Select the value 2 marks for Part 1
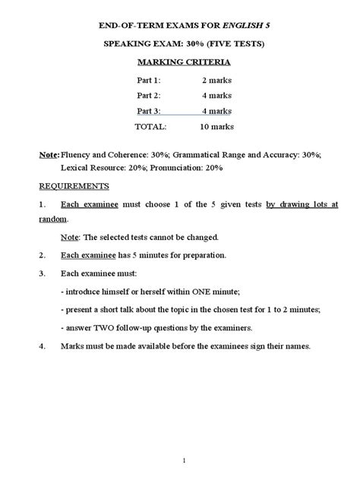tap(218, 81)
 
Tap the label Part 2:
tap(149, 96)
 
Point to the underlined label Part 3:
tap(149, 111)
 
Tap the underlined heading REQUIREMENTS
tap(74, 186)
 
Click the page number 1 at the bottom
tap(180, 459)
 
